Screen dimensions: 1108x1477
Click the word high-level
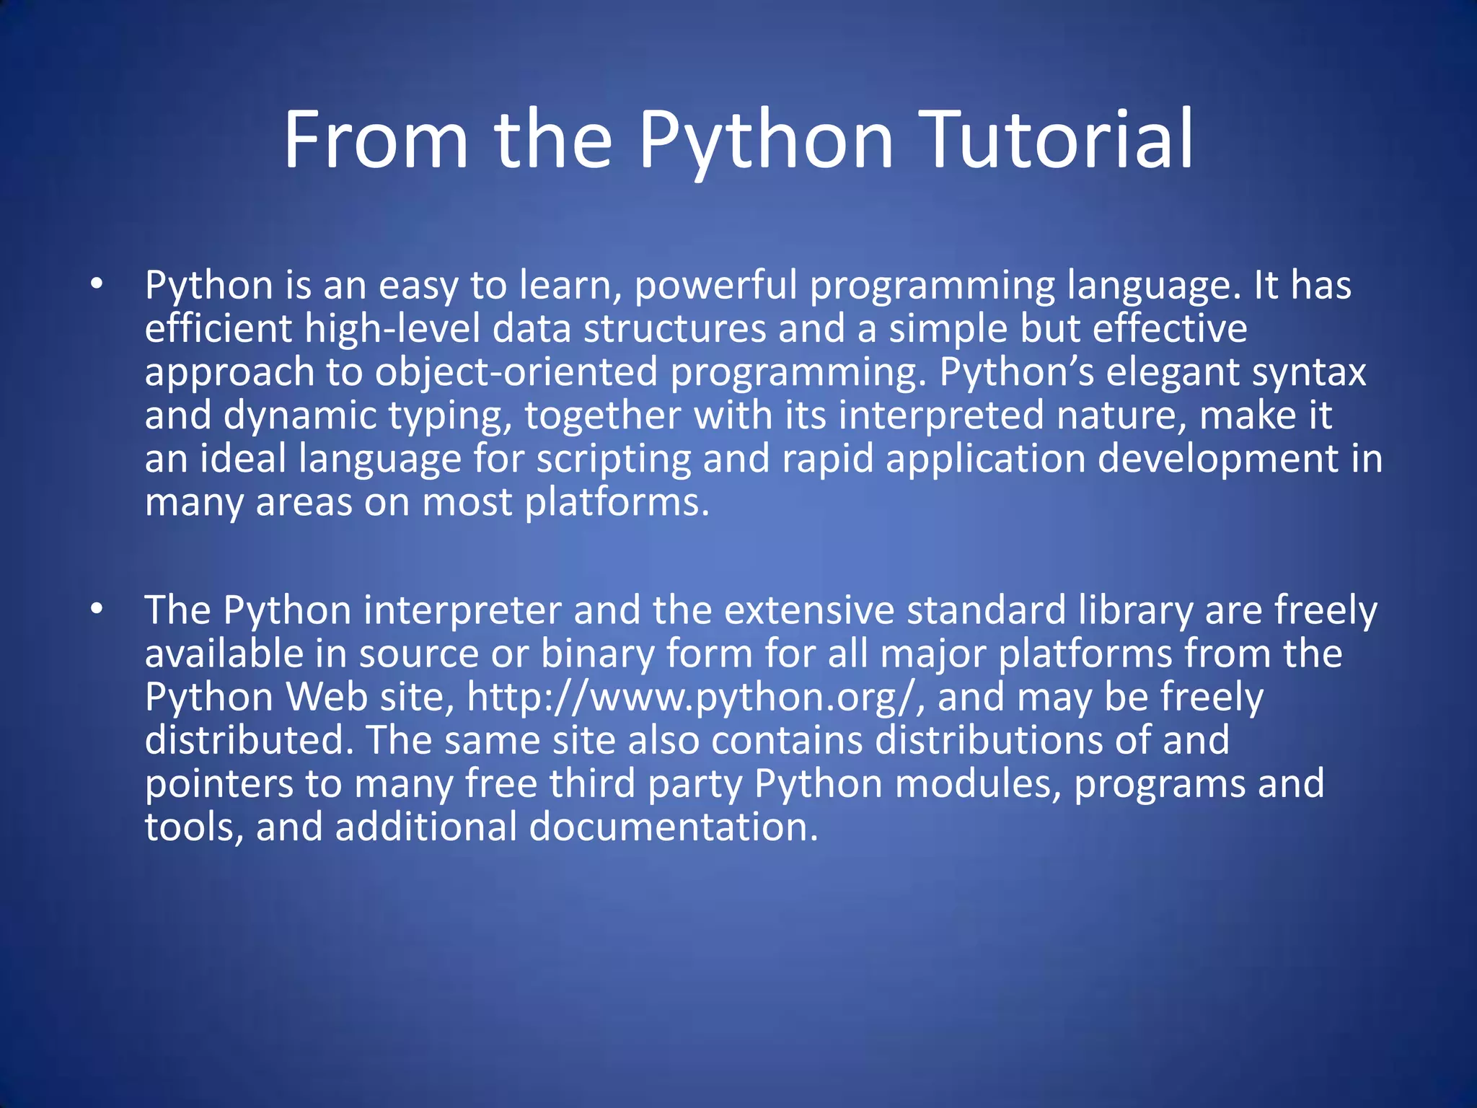[x=392, y=329]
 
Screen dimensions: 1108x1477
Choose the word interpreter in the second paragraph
[x=462, y=610]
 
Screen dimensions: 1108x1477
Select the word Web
[x=327, y=698]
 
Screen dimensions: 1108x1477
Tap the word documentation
[x=674, y=827]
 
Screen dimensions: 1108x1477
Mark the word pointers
[x=219, y=784]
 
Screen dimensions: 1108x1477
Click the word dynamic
[x=300, y=416]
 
